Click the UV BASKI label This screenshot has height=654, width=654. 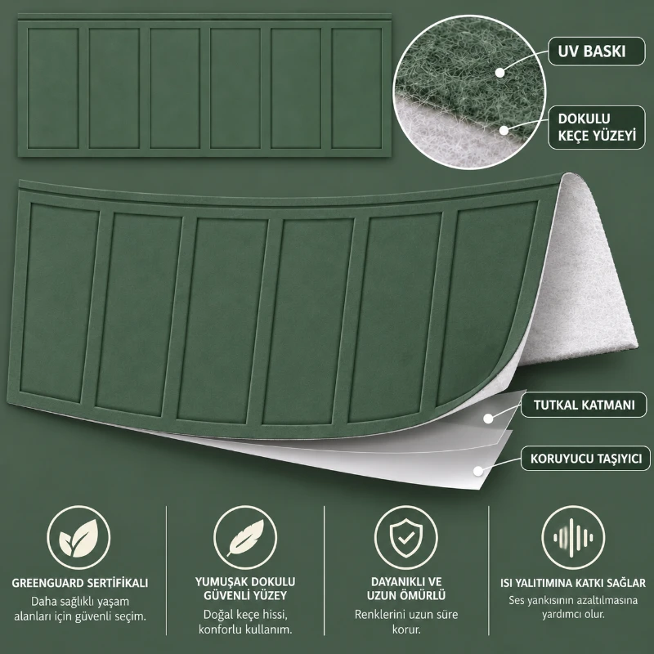point(591,52)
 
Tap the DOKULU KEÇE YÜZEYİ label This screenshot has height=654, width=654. point(597,128)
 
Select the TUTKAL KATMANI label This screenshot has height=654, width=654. point(584,405)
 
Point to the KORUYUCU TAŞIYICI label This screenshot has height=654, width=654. point(585,459)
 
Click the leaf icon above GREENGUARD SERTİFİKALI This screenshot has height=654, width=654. point(78,538)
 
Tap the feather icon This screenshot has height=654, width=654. point(246,538)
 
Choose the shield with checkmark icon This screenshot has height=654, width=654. point(405,538)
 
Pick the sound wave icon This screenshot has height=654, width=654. point(573,538)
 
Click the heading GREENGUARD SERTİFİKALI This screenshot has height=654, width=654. point(79,583)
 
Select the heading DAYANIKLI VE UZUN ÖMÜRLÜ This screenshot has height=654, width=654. point(406,589)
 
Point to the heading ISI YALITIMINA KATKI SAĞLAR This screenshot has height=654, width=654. point(573,583)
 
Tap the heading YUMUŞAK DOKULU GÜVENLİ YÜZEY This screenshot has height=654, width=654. point(245,589)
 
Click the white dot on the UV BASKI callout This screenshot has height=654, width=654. point(499,73)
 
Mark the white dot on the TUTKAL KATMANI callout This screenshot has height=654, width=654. point(488,419)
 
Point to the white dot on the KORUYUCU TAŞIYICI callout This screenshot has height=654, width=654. point(478,472)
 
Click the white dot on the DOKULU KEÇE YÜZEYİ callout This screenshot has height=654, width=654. point(504,130)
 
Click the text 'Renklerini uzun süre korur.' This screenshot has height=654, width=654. point(406,621)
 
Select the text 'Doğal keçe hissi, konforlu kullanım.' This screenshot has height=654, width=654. point(245,621)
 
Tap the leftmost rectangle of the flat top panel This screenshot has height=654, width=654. point(53,88)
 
